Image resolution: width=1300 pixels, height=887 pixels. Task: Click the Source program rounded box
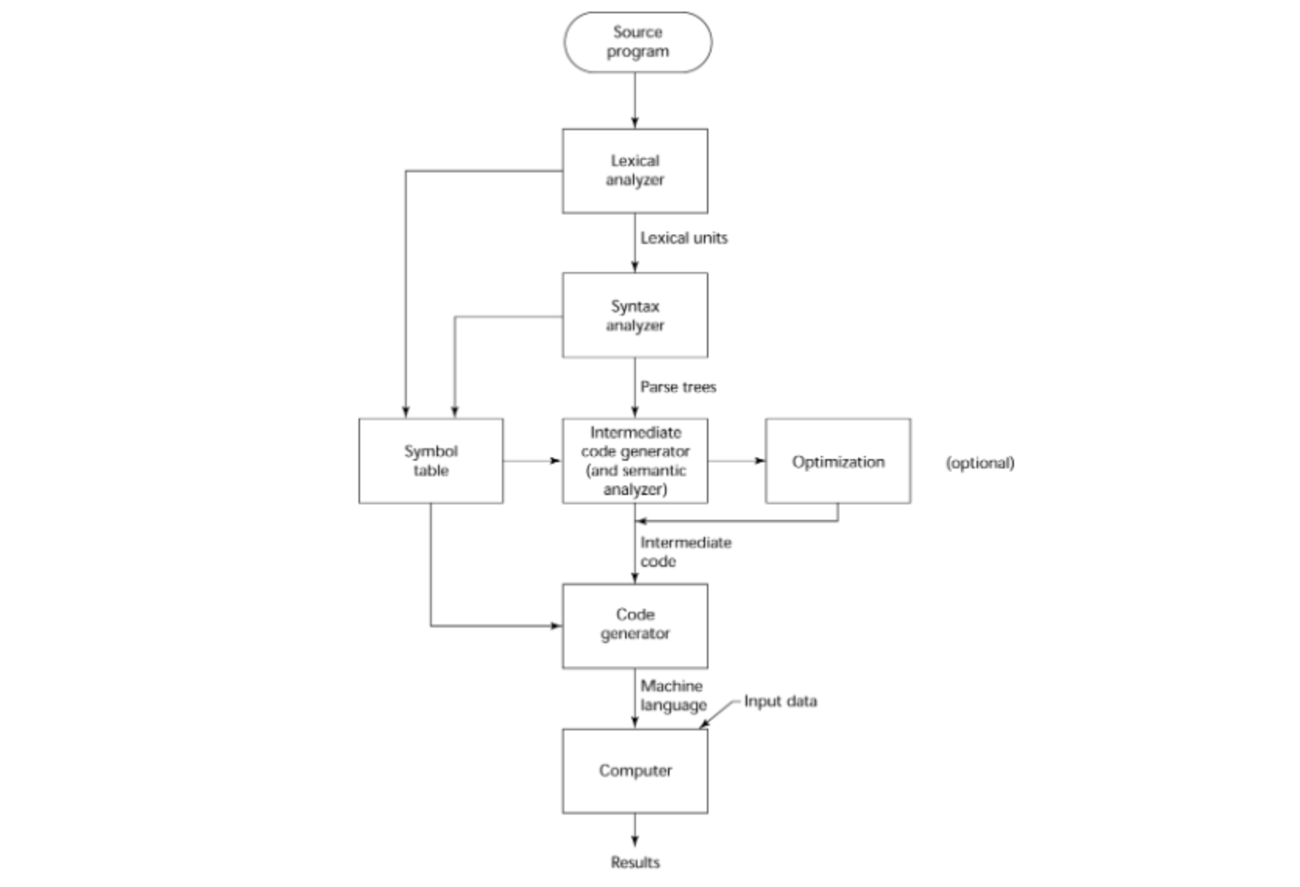pyautogui.click(x=638, y=42)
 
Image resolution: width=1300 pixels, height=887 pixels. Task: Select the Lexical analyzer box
pyautogui.click(x=635, y=171)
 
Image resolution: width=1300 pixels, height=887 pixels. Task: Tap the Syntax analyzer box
pyautogui.click(x=635, y=315)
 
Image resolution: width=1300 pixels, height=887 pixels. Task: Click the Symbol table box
pyautogui.click(x=430, y=461)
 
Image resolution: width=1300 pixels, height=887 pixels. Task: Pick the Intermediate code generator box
pyautogui.click(x=635, y=461)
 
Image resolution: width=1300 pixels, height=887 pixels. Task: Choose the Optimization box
pyautogui.click(x=838, y=461)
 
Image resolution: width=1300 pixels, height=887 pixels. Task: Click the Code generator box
pyautogui.click(x=635, y=625)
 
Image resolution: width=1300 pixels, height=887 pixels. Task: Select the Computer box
pyautogui.click(x=635, y=771)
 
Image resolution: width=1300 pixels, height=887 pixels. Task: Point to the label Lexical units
pyautogui.click(x=684, y=239)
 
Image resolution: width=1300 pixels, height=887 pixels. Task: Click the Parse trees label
pyautogui.click(x=678, y=387)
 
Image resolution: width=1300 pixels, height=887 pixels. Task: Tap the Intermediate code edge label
pyautogui.click(x=685, y=552)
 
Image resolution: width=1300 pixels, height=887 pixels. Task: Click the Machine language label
pyautogui.click(x=673, y=695)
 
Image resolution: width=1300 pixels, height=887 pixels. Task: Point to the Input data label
pyautogui.click(x=780, y=701)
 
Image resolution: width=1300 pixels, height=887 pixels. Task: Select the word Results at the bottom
pyautogui.click(x=635, y=862)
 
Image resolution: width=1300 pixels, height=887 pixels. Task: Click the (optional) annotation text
pyautogui.click(x=980, y=463)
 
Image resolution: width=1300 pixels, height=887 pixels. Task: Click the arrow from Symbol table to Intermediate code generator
pyautogui.click(x=532, y=461)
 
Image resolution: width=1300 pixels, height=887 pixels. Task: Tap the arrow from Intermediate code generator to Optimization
pyautogui.click(x=736, y=461)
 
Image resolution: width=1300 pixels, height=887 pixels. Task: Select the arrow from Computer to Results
pyautogui.click(x=635, y=829)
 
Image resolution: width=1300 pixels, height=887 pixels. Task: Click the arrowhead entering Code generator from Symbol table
pyautogui.click(x=556, y=625)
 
